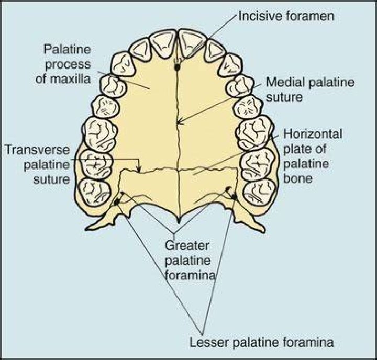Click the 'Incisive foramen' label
click(286, 16)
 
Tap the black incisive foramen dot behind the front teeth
click(177, 67)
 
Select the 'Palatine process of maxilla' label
click(63, 64)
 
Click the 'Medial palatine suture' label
click(310, 89)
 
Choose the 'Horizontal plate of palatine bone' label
click(313, 156)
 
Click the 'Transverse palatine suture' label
click(37, 165)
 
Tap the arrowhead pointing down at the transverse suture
click(139, 169)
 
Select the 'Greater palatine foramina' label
click(190, 260)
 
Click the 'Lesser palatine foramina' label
click(262, 342)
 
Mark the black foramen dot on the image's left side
click(117, 203)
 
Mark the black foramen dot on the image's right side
click(234, 197)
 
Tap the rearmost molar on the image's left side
click(95, 193)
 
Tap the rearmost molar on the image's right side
click(260, 193)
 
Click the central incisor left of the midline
click(164, 44)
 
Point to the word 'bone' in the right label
click(297, 178)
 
